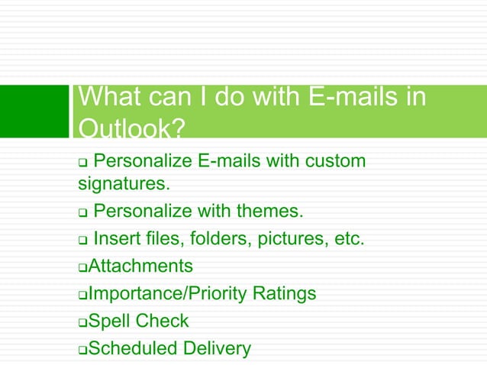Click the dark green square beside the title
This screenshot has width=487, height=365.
pyautogui.click(x=34, y=111)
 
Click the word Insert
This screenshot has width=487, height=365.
pyautogui.click(x=116, y=239)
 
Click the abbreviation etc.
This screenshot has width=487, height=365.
pyautogui.click(x=347, y=239)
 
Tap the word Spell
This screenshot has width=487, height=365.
pyautogui.click(x=110, y=321)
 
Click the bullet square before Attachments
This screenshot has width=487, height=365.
pyautogui.click(x=83, y=267)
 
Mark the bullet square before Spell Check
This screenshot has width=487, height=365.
pyautogui.click(x=83, y=322)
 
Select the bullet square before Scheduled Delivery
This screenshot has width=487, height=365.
pyautogui.click(x=83, y=350)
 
